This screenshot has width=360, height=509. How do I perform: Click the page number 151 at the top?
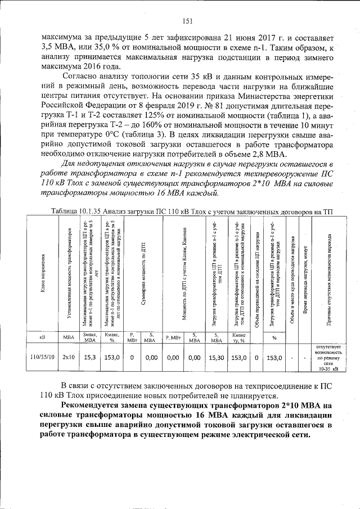pos(188,22)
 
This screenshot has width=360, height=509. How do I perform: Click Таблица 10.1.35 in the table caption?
pos(78,211)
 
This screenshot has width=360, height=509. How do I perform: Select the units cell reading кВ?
pos(43,337)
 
